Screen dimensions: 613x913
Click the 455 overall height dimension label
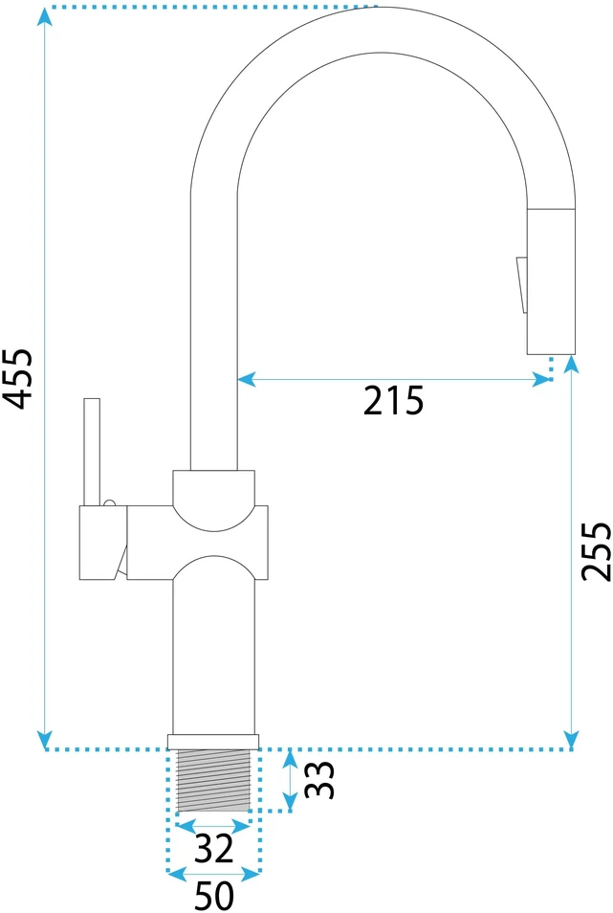point(17,379)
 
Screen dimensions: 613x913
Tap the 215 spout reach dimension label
point(394,401)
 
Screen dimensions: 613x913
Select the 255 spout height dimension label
point(597,551)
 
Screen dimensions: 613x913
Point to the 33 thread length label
point(319,780)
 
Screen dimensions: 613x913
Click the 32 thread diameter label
point(213,848)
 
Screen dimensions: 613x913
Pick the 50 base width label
point(214,896)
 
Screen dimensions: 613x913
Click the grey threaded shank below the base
point(213,780)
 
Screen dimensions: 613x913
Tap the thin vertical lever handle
point(92,452)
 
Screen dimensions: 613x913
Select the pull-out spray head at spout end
point(551,280)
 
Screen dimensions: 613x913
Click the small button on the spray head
point(522,285)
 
